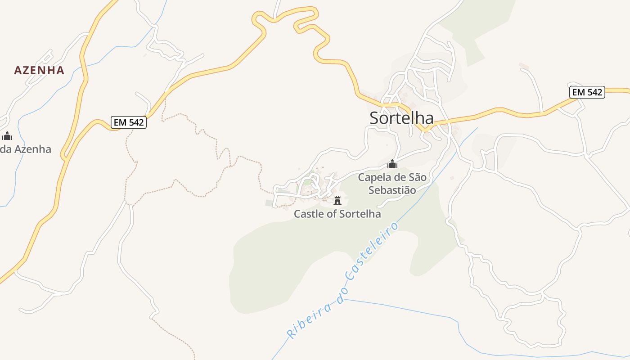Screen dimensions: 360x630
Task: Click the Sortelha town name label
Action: point(401,118)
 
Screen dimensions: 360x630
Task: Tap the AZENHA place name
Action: point(39,70)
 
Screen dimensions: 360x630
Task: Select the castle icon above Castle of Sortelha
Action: point(337,200)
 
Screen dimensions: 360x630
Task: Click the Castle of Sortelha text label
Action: point(337,214)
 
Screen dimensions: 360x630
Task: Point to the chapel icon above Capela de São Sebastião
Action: point(392,164)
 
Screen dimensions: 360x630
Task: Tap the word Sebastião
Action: point(392,190)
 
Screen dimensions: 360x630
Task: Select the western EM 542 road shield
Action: point(129,122)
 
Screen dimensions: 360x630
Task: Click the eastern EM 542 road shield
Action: point(587,92)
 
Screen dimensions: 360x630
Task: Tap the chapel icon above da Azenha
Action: point(7,135)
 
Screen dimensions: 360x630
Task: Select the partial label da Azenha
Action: point(26,149)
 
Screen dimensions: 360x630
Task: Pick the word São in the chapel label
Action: point(417,177)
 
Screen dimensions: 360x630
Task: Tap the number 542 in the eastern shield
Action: point(594,92)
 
